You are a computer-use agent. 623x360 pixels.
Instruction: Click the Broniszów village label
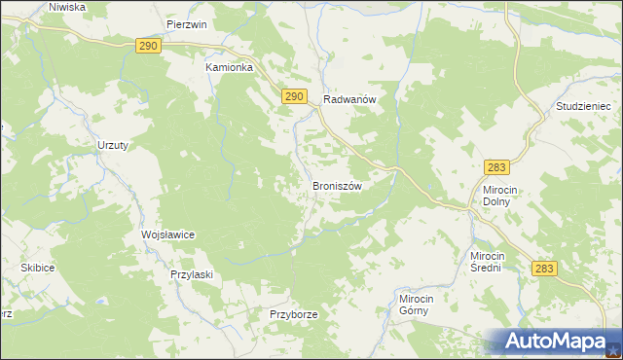coord(337,185)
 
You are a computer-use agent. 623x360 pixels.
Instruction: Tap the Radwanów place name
coord(349,98)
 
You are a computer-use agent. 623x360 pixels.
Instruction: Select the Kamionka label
coord(229,68)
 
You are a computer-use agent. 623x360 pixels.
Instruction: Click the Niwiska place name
coord(66,7)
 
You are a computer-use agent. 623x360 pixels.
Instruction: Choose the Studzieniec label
coord(581,105)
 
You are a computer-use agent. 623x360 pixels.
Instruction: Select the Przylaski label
coord(191,274)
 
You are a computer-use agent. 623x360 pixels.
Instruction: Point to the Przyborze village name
coord(294,314)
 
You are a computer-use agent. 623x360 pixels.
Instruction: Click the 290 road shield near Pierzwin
coord(148,46)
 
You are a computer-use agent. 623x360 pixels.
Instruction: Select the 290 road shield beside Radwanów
coord(296,95)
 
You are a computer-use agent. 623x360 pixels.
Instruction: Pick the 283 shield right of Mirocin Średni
coord(545,268)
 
